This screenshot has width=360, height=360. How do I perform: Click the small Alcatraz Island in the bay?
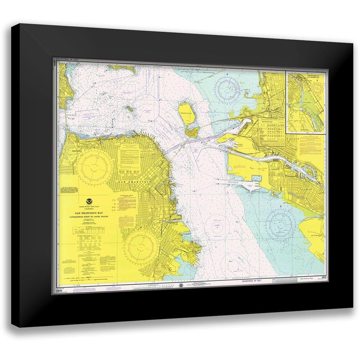[128, 107]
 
